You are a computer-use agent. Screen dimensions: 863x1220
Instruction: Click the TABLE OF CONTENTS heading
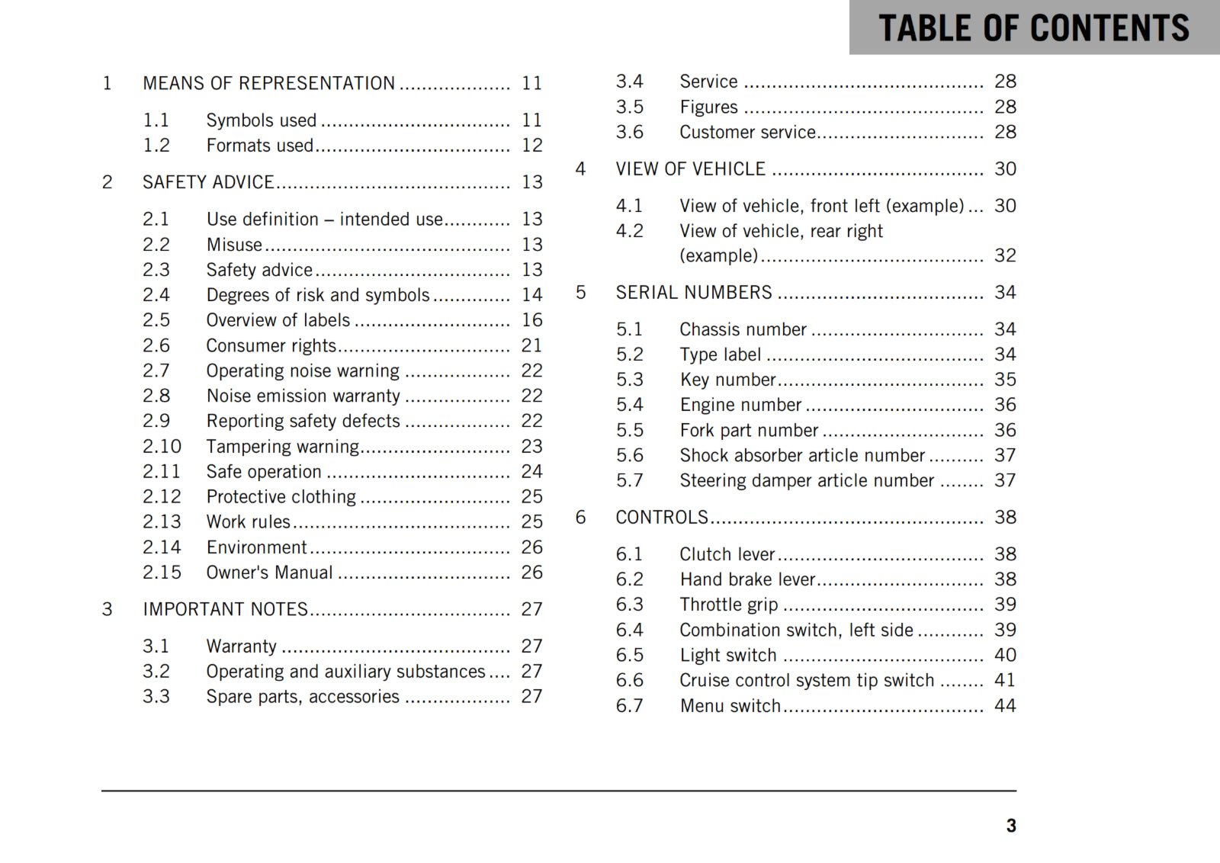click(1033, 28)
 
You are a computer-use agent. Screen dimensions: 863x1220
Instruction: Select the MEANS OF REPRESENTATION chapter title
click(268, 83)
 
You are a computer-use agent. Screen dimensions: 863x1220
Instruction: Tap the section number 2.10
click(162, 446)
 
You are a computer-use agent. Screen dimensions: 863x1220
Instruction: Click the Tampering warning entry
click(282, 446)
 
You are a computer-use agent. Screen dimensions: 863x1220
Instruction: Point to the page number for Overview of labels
click(531, 320)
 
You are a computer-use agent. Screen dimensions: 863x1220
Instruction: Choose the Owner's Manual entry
click(269, 573)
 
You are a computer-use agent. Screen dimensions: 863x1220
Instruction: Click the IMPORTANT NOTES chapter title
click(225, 609)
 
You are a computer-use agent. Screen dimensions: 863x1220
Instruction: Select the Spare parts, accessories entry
click(303, 697)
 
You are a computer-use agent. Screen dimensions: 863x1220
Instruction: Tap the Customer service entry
click(747, 132)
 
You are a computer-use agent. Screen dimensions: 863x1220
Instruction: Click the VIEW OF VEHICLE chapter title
click(690, 169)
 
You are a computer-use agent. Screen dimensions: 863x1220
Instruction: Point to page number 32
click(1005, 255)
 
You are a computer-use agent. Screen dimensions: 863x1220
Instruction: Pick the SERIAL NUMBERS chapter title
click(694, 293)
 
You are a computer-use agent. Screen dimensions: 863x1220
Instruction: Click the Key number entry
click(727, 380)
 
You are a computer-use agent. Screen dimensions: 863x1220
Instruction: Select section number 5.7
click(629, 480)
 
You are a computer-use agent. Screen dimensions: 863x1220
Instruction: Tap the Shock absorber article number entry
click(802, 455)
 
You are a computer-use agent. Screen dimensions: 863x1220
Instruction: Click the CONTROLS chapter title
click(662, 518)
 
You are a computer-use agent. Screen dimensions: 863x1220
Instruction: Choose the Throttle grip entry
click(728, 605)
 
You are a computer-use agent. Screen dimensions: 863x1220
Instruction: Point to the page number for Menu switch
click(1005, 706)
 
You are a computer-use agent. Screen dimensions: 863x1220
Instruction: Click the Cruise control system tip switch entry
click(807, 680)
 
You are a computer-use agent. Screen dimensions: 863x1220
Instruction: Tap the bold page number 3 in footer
click(1011, 826)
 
